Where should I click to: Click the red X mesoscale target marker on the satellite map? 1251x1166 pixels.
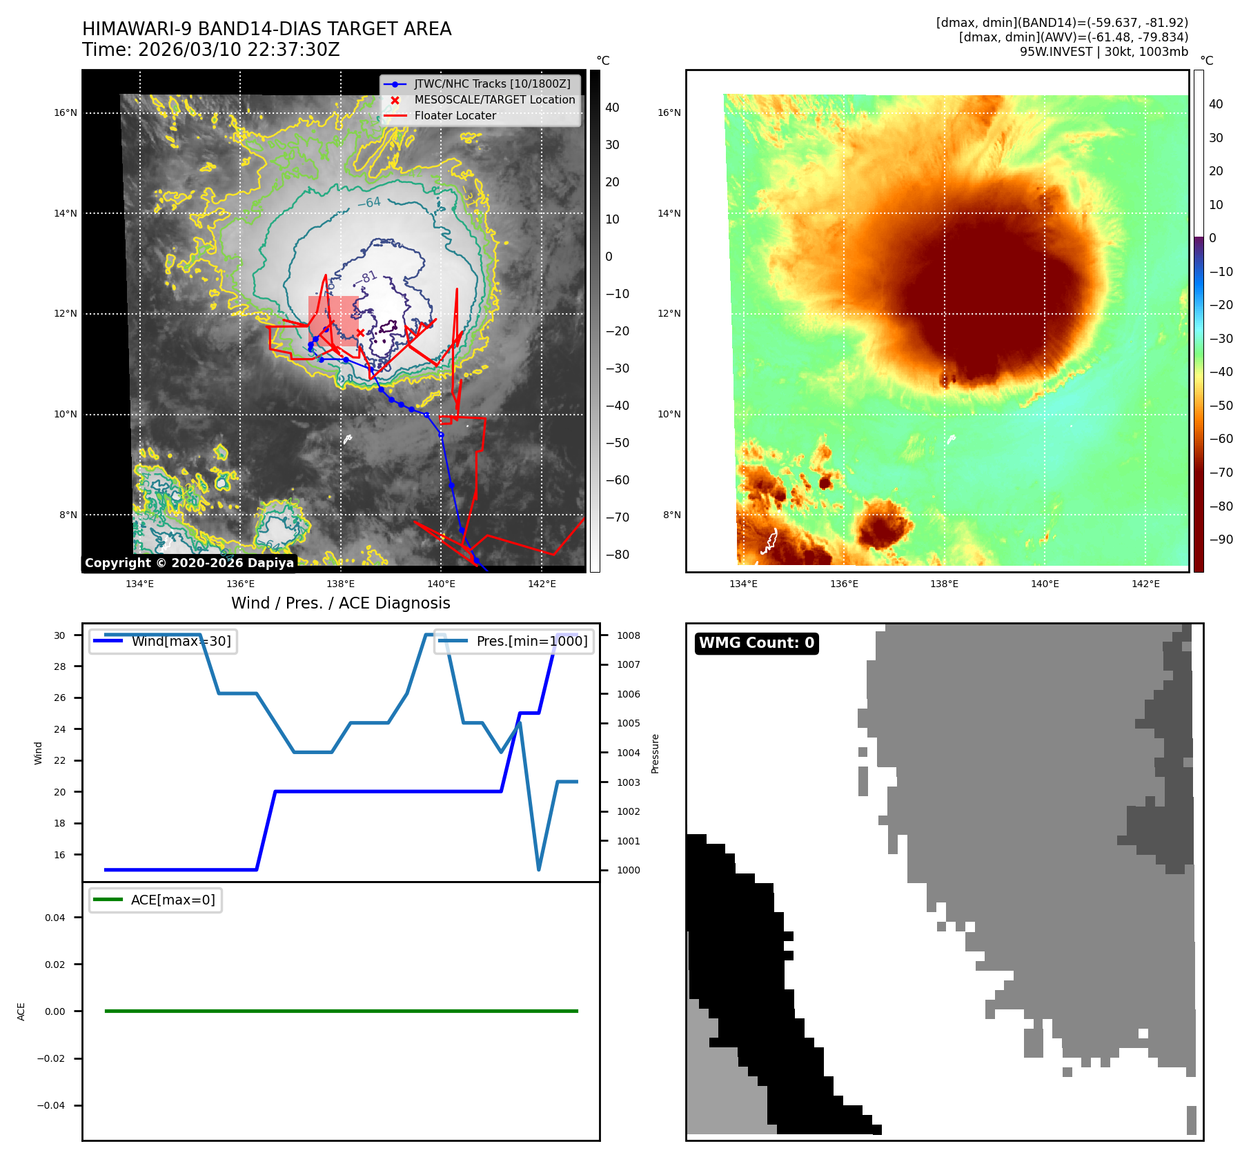[360, 333]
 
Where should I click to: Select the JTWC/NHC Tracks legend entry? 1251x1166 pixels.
[492, 84]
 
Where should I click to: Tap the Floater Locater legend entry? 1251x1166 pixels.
[455, 116]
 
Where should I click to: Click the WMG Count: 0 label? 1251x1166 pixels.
[756, 643]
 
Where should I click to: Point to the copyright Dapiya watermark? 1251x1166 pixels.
[189, 563]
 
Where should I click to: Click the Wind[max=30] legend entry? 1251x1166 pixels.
[181, 641]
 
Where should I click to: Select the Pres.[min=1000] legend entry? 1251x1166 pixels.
[531, 641]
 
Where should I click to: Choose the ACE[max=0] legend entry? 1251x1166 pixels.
[173, 900]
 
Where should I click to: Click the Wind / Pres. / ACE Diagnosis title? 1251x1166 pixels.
[340, 603]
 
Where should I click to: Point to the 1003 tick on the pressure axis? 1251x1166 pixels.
[628, 782]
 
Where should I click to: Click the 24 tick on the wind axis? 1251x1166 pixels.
[60, 729]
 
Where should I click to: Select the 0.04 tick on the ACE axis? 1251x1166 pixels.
[55, 918]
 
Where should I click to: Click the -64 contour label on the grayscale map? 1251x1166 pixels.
[369, 203]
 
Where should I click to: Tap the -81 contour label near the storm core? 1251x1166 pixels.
[369, 277]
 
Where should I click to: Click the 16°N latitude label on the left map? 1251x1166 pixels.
[66, 113]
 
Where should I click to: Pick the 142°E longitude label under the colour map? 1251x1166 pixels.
[1145, 584]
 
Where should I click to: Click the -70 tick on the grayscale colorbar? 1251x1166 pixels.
[617, 517]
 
